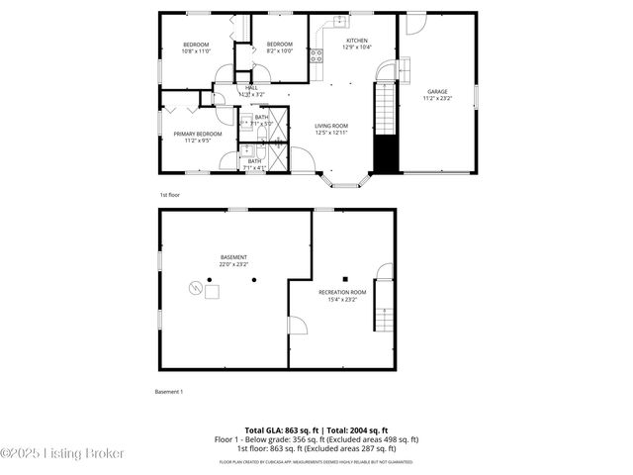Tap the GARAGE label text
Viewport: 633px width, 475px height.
pos(437,92)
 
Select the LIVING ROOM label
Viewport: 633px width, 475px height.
pos(330,126)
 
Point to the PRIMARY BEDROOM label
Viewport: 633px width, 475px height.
pos(198,134)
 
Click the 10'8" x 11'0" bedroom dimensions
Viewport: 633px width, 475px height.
pos(195,50)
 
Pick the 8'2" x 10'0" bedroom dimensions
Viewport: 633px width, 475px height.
pos(280,50)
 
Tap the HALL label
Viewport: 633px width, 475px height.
pos(251,88)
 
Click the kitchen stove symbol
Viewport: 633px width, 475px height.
pos(317,56)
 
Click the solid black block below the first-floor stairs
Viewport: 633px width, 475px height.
pos(384,153)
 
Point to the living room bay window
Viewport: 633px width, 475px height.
pos(345,182)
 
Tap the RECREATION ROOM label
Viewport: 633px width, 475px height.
pos(342,293)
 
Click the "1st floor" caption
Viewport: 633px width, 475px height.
pos(169,196)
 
